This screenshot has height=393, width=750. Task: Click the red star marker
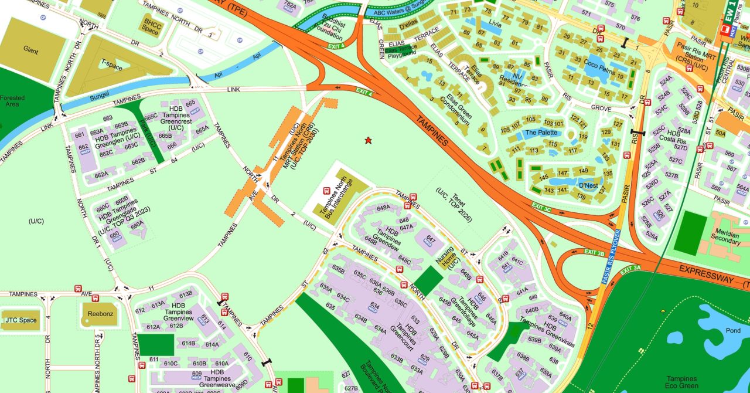coord(368,140)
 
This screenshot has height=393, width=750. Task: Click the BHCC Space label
coord(151,26)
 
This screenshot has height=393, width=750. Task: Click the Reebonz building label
coord(96,314)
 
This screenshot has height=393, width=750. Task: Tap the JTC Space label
coord(21,320)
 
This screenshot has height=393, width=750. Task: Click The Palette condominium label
coord(542,133)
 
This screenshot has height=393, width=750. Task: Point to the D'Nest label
coord(588,186)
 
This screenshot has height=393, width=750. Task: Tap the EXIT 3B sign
coord(594,253)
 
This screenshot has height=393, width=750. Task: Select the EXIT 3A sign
coord(630,269)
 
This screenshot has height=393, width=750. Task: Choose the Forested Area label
coord(12,101)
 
